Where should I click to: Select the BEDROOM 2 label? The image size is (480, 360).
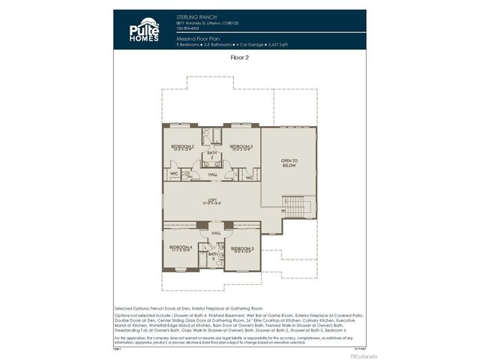coord(182,147)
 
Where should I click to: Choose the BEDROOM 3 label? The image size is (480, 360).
coord(241,147)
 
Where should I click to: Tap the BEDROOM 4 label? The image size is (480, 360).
coord(180,247)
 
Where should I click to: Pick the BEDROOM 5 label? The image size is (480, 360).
coord(242,248)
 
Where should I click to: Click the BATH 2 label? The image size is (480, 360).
coord(211,154)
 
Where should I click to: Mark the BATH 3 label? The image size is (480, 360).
coord(212,256)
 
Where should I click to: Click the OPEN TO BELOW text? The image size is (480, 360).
coord(289,163)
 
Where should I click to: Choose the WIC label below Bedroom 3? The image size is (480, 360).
coord(249,177)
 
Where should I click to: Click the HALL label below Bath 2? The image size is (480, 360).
coord(212,174)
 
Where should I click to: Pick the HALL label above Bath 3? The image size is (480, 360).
coord(215,233)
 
